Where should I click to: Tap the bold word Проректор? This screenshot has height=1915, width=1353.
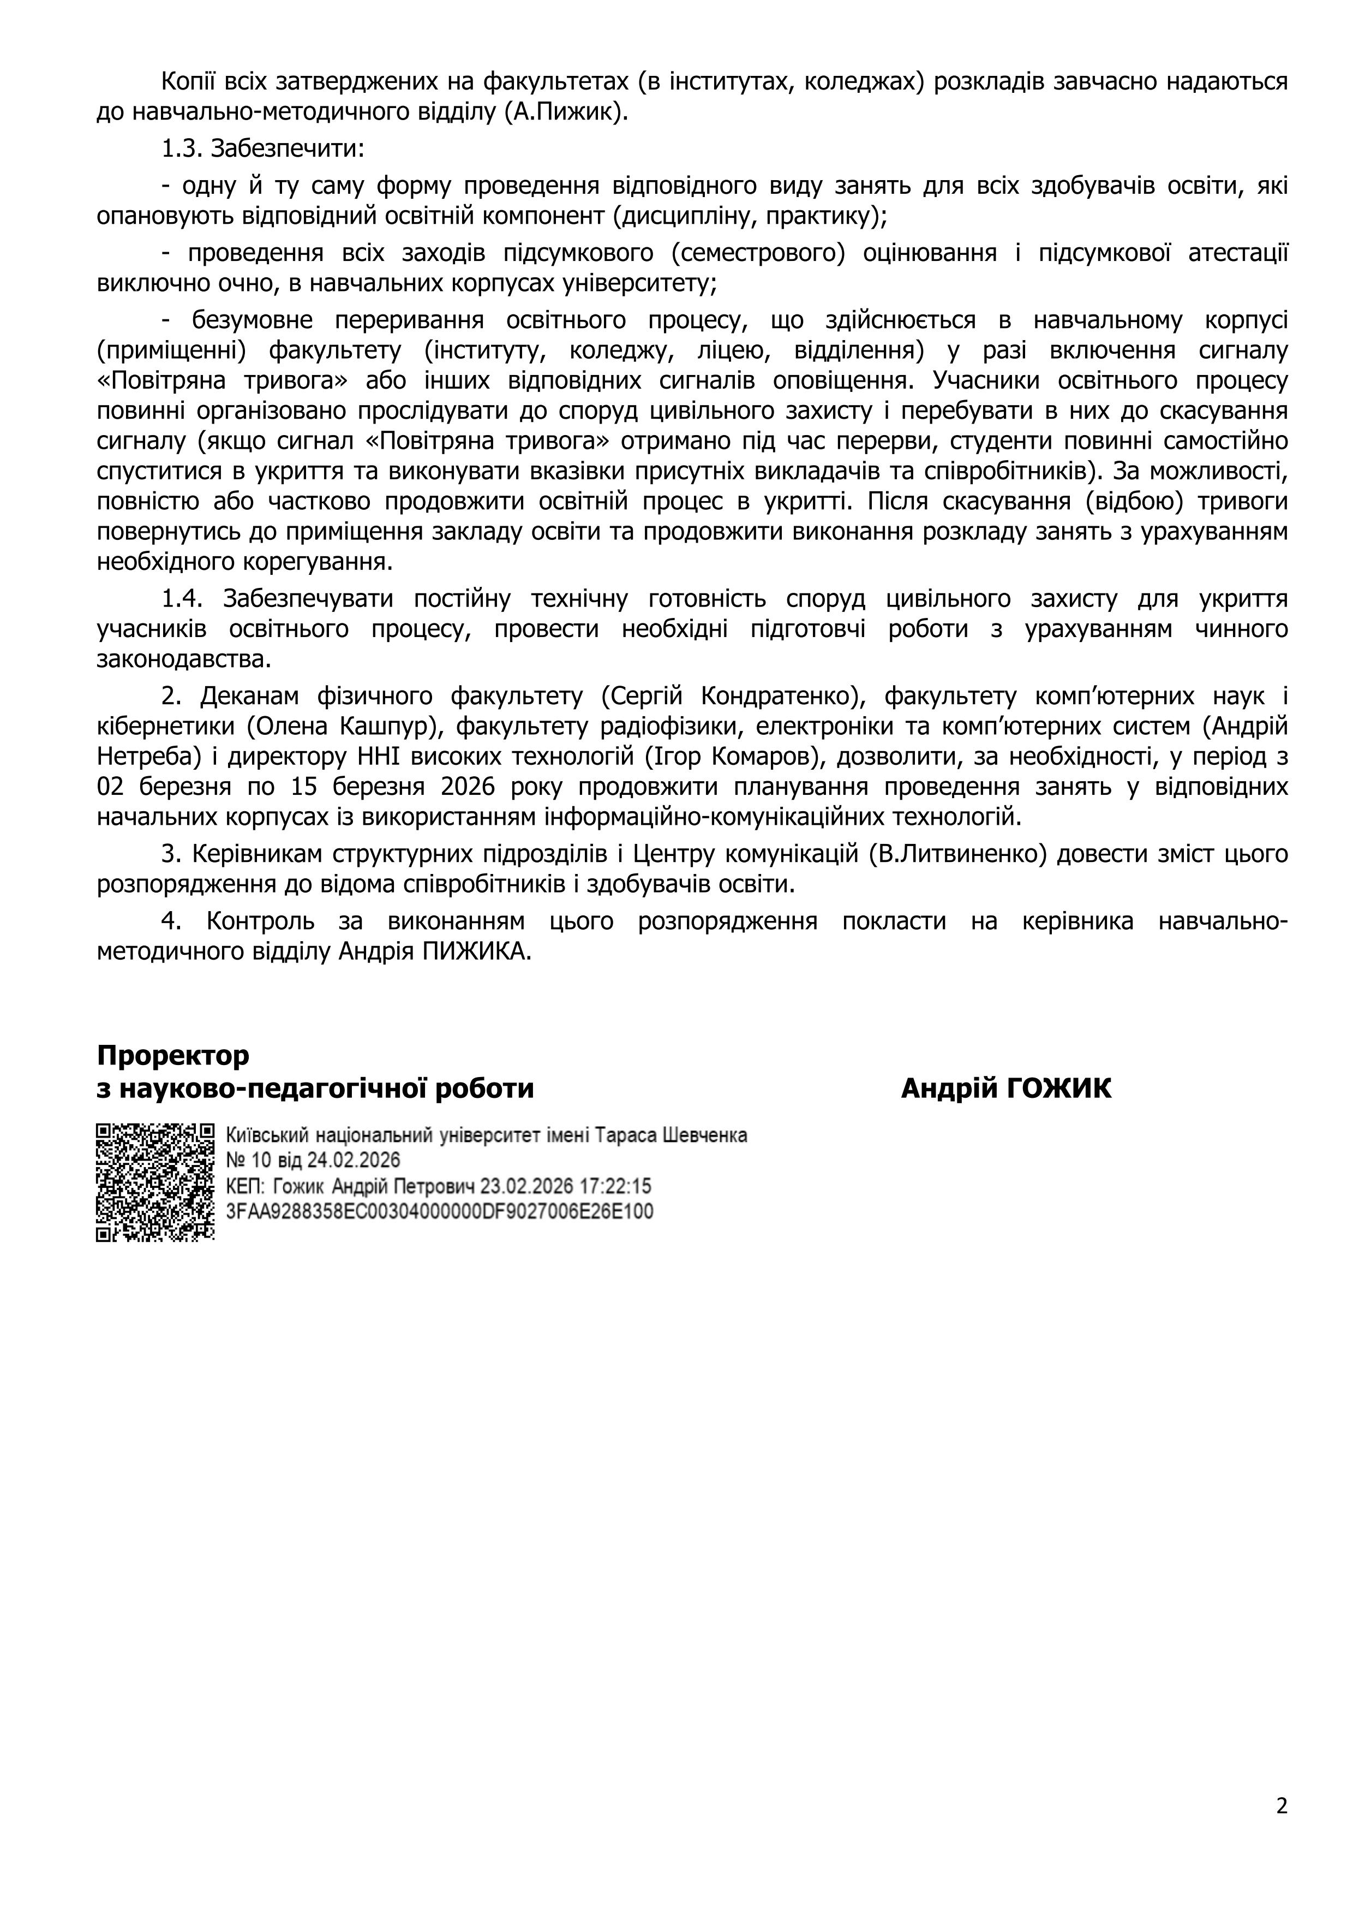(x=172, y=1055)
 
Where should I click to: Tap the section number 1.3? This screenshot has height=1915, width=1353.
(x=182, y=148)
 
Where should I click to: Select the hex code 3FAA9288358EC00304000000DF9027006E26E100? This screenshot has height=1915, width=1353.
(x=439, y=1211)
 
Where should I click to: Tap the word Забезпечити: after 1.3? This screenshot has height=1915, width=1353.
(x=288, y=148)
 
